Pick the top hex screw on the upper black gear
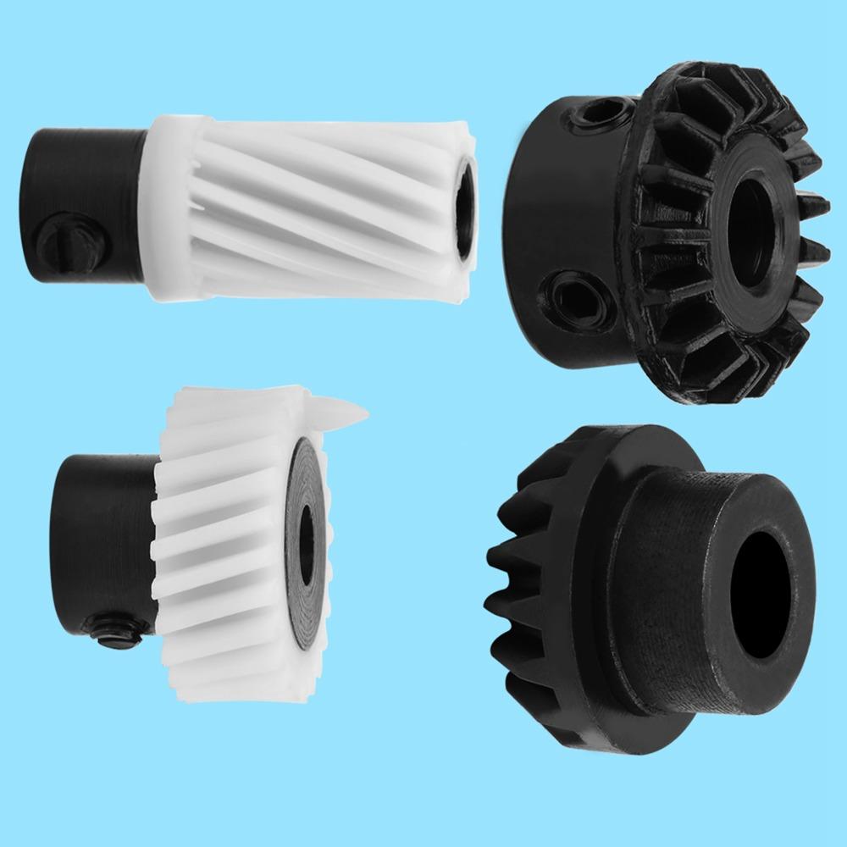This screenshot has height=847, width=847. coord(606,111)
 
